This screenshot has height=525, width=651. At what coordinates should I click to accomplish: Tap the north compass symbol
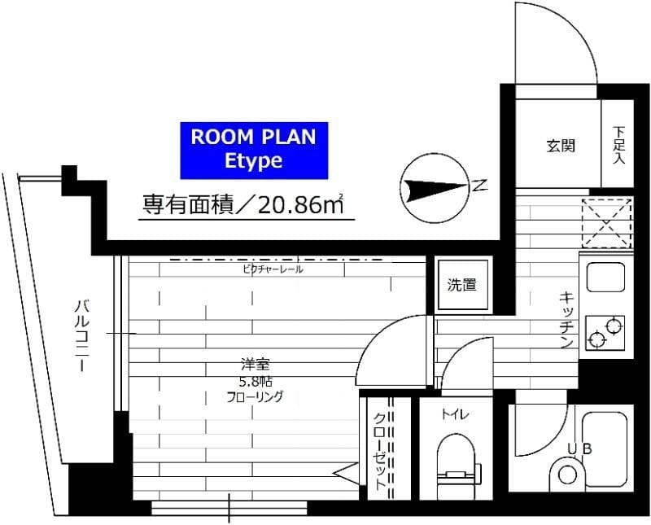pos(435,190)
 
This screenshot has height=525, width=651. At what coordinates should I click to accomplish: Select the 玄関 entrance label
pos(561,147)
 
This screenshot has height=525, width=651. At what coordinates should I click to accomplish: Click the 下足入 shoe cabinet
pos(618,145)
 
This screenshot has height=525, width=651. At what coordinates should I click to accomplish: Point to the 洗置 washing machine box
pos(462,285)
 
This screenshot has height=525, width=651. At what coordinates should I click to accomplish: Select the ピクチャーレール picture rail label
pos(273,269)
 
